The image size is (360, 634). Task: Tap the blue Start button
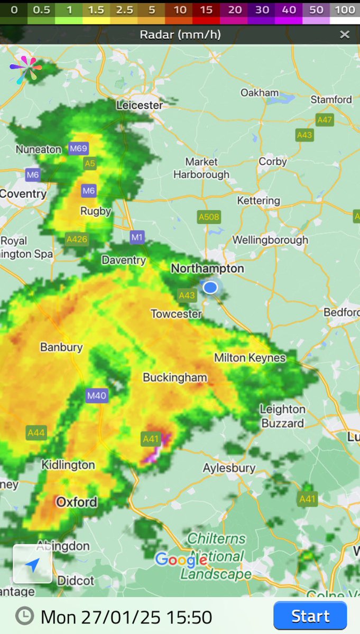coord(310,616)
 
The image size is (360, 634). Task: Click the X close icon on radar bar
coord(345,35)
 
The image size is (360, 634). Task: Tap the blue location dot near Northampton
coord(210,287)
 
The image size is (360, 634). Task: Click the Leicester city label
coord(140,105)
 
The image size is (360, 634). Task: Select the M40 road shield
coord(97,396)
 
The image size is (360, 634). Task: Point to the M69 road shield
coord(78,148)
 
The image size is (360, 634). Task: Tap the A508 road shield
coord(209,217)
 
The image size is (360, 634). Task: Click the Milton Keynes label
coord(250,358)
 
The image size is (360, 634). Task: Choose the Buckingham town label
coord(175,377)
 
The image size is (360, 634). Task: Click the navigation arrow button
coord(32,564)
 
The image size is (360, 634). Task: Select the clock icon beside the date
coord(24,616)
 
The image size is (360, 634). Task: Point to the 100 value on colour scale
coord(345,10)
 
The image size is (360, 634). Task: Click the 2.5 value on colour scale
coord(125,10)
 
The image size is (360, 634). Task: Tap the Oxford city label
coord(77,501)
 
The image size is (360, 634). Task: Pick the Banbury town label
coord(61,347)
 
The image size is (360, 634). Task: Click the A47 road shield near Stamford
coord(325,120)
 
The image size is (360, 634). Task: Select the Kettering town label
coord(259,201)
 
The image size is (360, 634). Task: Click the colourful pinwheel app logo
coord(25,70)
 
